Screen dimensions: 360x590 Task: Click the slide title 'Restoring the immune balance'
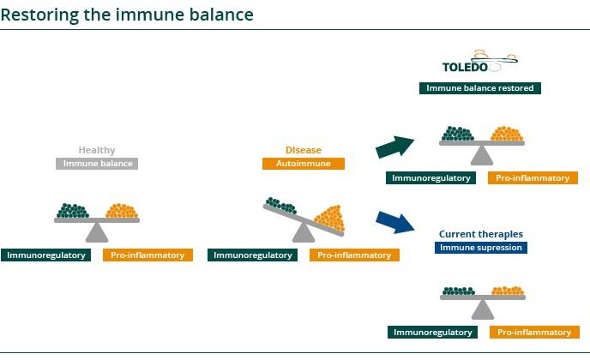coord(127,15)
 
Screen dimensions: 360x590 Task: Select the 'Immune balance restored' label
coord(480,87)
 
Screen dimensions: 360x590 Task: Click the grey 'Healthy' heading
coord(97,150)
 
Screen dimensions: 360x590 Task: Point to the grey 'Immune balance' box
coord(97,163)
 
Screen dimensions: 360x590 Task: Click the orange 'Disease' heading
coord(304,150)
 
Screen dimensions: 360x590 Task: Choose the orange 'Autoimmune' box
coord(304,163)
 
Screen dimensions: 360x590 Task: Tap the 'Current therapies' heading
coord(480,234)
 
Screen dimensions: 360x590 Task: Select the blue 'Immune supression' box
coord(480,248)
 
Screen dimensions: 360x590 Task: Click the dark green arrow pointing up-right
coord(394,147)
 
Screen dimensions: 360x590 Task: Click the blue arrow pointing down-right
coord(394,222)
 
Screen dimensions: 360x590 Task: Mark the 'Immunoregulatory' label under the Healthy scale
coord(45,255)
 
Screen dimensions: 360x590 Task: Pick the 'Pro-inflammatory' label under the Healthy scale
coord(147,255)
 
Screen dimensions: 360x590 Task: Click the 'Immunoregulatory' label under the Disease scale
coord(253,255)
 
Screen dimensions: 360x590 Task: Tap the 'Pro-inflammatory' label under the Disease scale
coord(354,255)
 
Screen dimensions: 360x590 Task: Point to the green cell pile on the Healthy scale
coord(73,211)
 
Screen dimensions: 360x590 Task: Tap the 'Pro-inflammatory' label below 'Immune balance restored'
coord(533,178)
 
